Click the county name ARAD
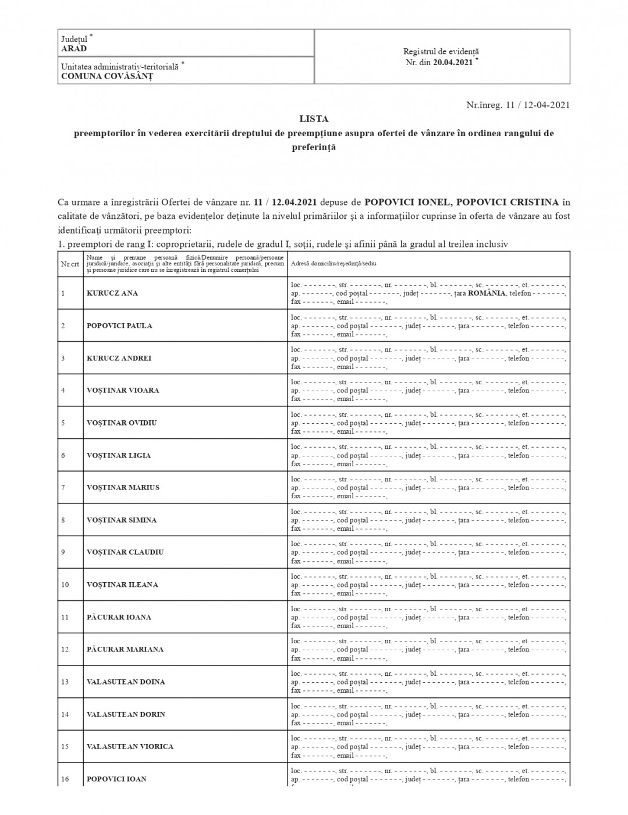[x=74, y=49]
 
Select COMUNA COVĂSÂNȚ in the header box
[x=107, y=76]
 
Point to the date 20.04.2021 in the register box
[x=453, y=63]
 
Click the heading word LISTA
[x=314, y=119]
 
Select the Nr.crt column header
[x=70, y=264]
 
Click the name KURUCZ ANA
[x=112, y=293]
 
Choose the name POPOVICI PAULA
[x=119, y=326]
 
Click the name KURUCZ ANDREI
[x=119, y=359]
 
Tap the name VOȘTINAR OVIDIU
[x=122, y=423]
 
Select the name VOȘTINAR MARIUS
[x=123, y=488]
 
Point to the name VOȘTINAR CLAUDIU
[x=125, y=552]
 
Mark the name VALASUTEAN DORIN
[x=126, y=714]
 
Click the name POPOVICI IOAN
[x=116, y=779]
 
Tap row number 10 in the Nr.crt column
[x=65, y=585]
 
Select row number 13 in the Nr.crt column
[x=65, y=682]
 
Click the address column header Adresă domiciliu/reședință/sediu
[x=333, y=264]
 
